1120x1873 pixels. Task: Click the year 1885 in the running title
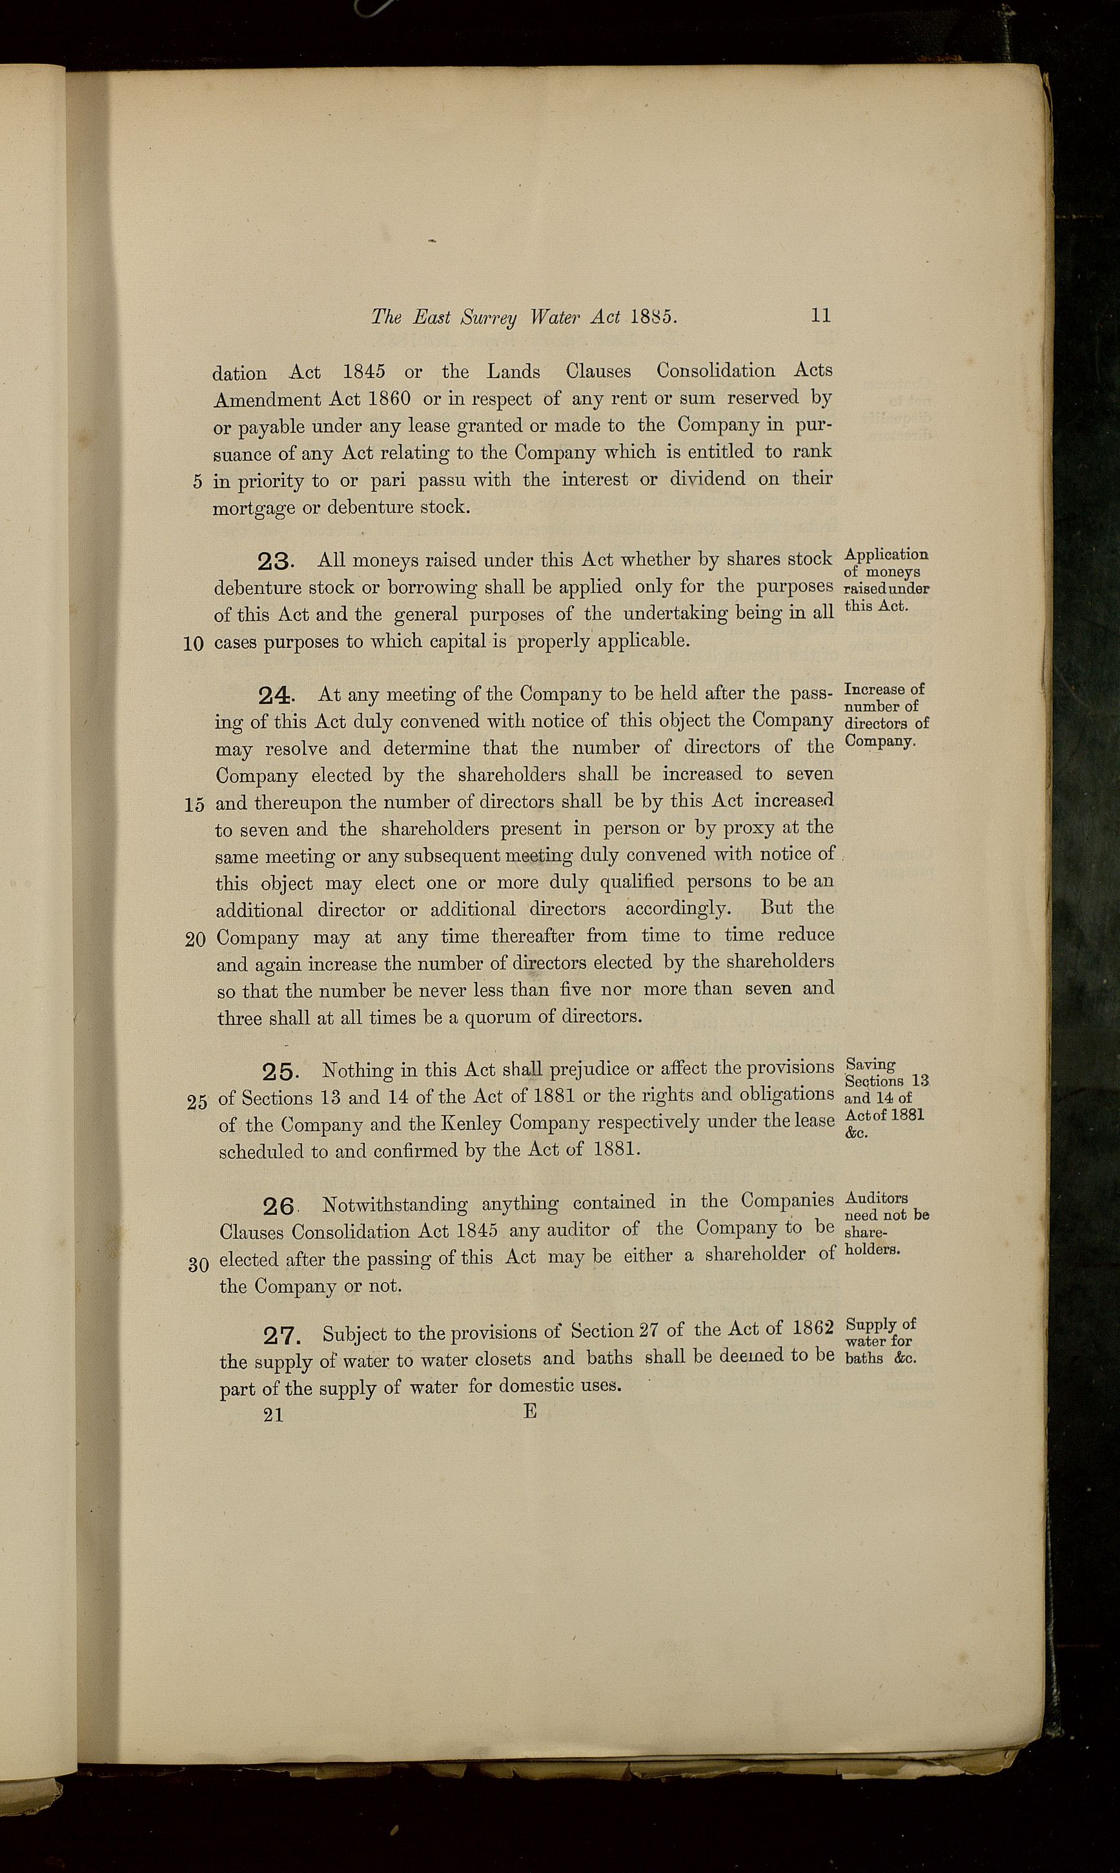click(653, 317)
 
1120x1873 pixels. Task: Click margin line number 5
click(198, 482)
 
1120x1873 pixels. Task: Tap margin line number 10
click(193, 643)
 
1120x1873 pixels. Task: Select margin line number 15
click(193, 805)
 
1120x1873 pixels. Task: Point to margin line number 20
click(195, 940)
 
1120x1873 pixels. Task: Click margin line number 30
click(198, 1263)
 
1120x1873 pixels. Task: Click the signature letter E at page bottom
click(530, 1411)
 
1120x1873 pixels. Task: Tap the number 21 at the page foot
click(274, 1415)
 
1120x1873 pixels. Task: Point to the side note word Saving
click(871, 1065)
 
